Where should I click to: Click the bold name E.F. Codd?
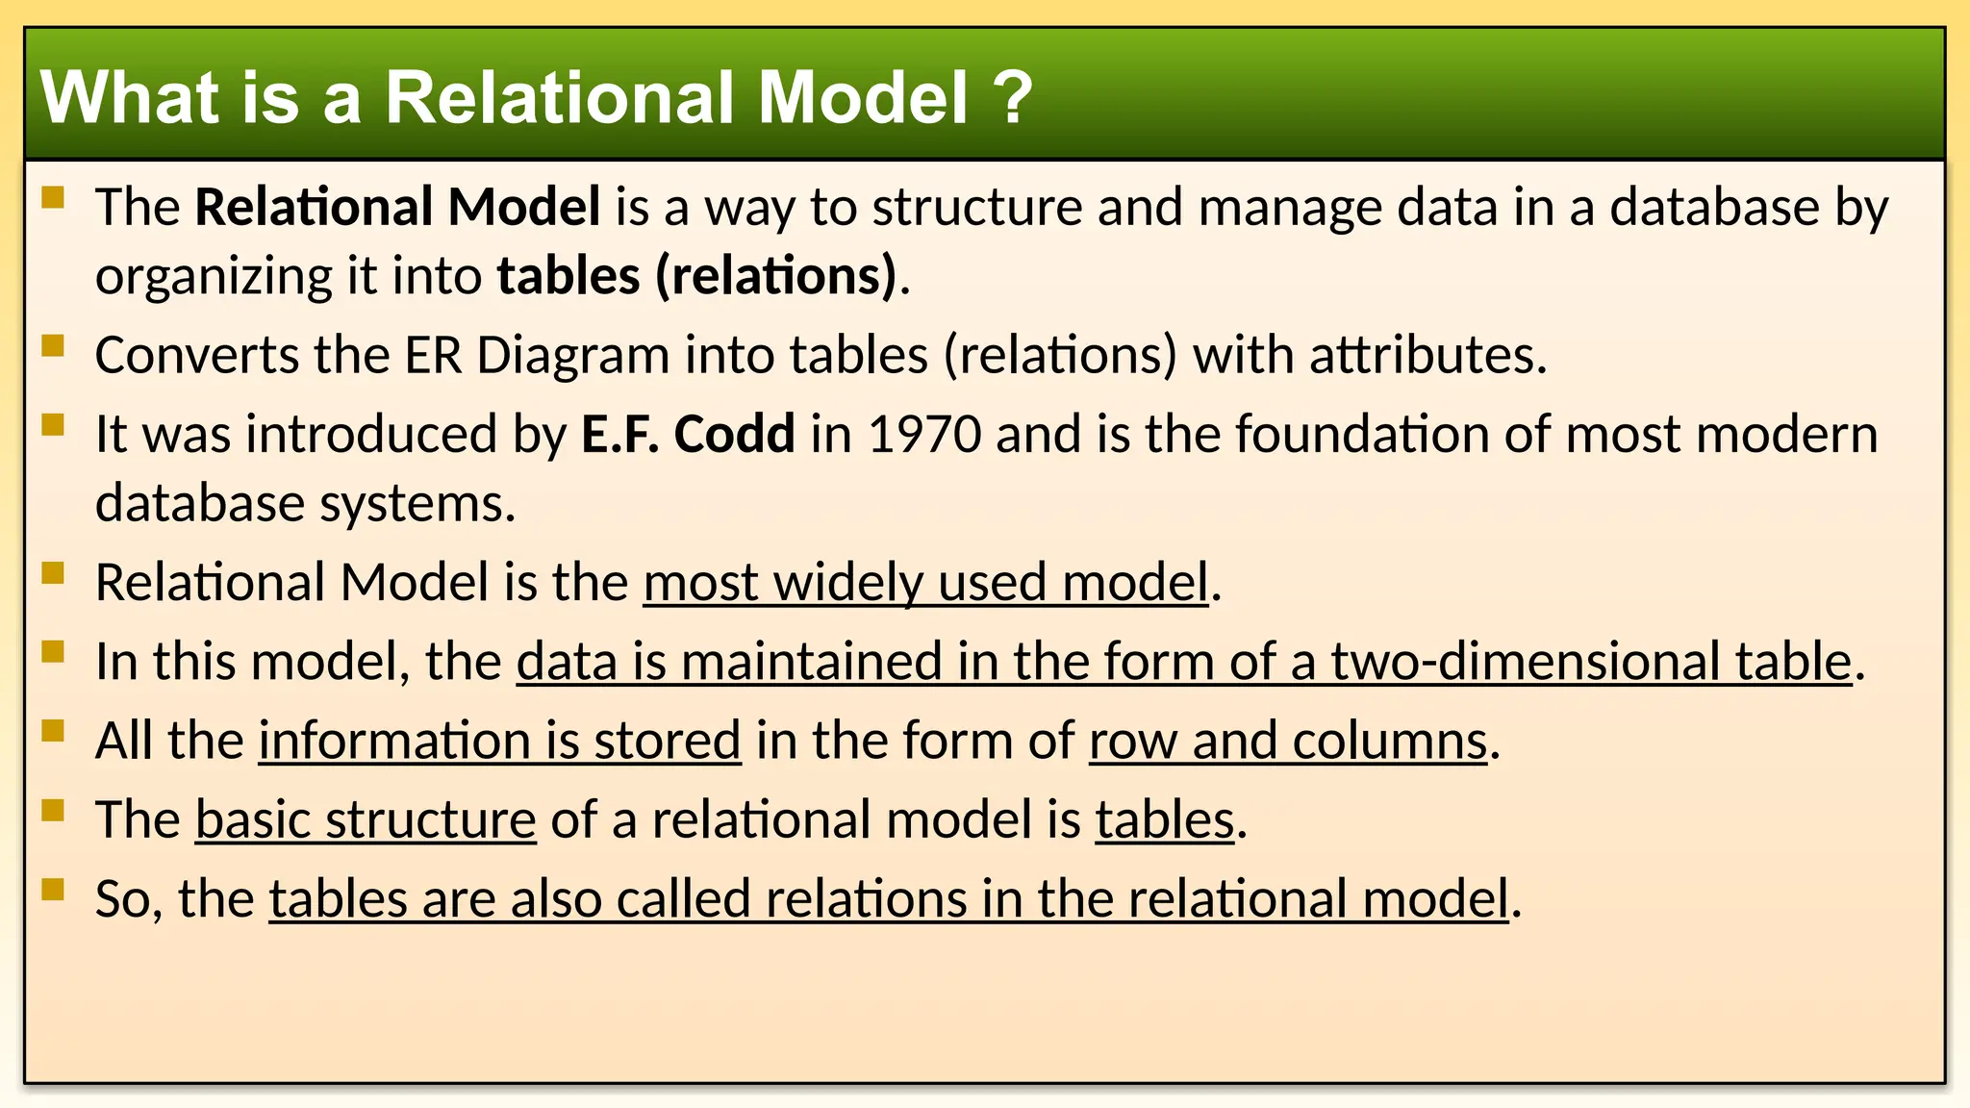click(688, 434)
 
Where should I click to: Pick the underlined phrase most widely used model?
click(925, 583)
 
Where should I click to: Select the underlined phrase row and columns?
click(1288, 741)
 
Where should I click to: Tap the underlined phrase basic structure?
click(366, 819)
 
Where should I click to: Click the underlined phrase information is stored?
click(499, 741)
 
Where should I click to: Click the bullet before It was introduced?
click(53, 424)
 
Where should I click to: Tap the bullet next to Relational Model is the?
click(53, 573)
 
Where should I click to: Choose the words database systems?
click(304, 503)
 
